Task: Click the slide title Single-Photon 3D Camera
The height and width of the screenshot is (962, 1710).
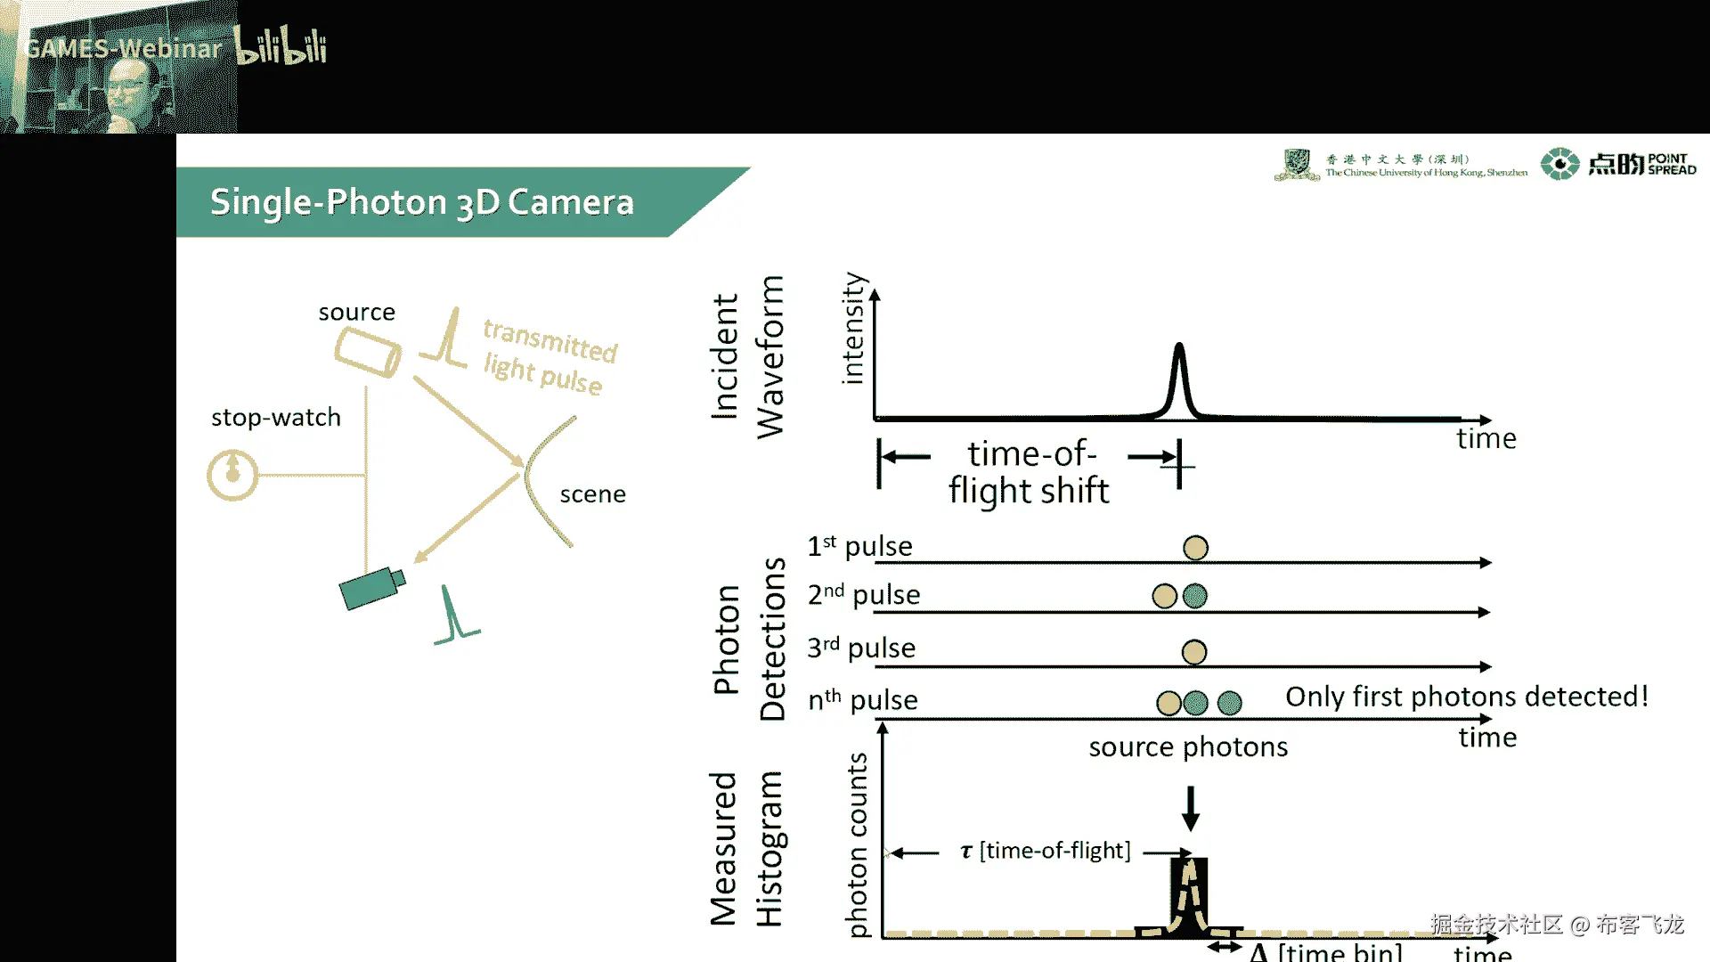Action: point(421,202)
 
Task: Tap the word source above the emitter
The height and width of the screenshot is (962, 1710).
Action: point(356,313)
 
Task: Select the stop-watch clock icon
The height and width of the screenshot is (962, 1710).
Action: point(232,475)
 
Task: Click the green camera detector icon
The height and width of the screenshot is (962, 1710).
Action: point(372,588)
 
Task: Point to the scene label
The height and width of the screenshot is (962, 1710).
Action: point(592,494)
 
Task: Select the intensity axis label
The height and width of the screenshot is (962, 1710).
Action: point(852,328)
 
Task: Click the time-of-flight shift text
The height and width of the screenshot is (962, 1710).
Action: point(1030,472)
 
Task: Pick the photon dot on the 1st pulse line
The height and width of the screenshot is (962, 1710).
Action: point(1195,548)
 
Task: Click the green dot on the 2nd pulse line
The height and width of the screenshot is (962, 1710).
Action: point(1194,596)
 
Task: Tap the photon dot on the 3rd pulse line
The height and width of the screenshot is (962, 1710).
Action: point(1193,652)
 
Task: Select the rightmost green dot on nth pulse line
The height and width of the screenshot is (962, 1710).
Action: point(1229,703)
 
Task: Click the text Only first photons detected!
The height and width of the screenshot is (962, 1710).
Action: point(1467,697)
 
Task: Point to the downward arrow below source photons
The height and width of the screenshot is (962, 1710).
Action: point(1190,808)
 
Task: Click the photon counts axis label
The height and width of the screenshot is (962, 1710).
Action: point(857,844)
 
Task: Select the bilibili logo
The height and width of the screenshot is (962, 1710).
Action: point(281,46)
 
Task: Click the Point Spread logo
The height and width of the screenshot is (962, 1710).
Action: point(1618,164)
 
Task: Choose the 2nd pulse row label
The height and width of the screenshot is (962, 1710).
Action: point(863,595)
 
